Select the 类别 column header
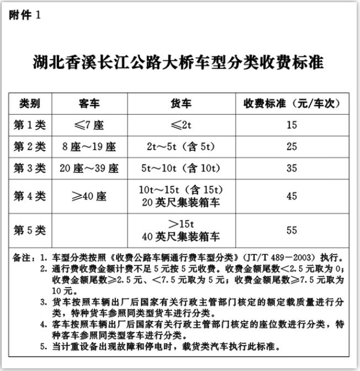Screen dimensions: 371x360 30,103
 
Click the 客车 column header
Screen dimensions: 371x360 89,103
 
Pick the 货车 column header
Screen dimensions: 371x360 181,103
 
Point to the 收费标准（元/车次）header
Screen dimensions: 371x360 292,103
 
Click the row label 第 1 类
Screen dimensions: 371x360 30,125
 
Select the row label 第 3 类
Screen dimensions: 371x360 30,168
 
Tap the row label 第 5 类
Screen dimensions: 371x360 30,230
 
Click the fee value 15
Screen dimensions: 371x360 292,125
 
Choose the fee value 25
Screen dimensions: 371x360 292,147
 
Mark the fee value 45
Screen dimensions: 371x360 292,196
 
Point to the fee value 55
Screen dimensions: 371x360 292,230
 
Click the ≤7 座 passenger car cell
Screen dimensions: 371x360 89,125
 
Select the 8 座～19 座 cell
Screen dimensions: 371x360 89,147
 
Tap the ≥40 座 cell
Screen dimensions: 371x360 89,196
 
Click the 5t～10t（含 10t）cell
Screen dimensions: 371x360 181,168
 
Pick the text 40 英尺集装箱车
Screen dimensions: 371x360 181,237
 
